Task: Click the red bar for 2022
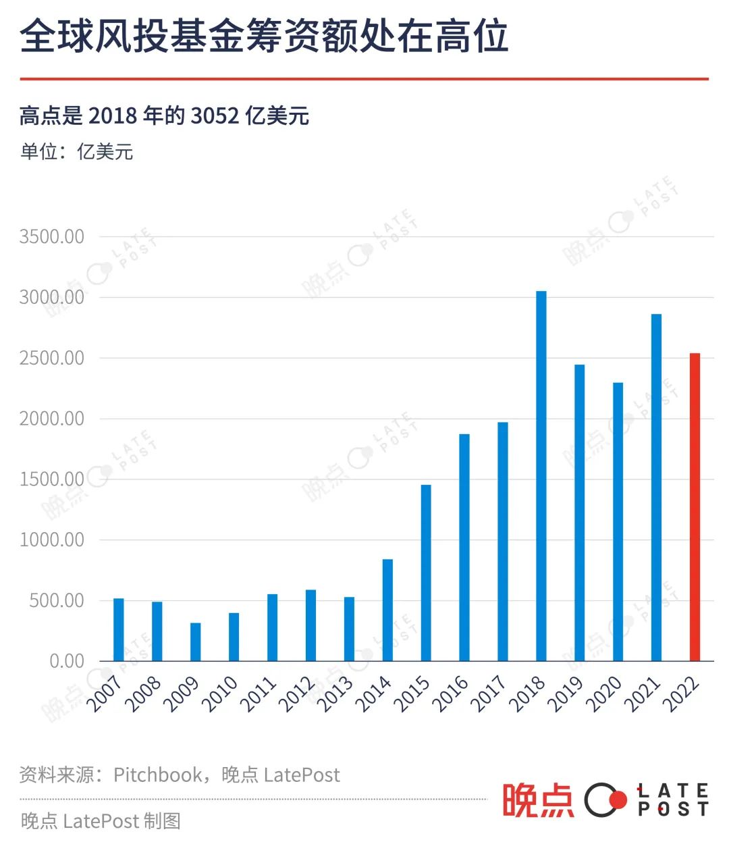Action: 695,506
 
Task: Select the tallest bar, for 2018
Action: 541,476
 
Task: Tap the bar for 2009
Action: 195,641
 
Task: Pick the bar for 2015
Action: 426,573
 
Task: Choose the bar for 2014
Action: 387,610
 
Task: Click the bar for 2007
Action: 119,629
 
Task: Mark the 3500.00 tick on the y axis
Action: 52,237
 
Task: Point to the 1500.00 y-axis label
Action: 52,479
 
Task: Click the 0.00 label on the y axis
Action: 67,661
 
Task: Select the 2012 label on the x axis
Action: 298,694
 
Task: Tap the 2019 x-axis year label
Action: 566,694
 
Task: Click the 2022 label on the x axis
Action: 680,694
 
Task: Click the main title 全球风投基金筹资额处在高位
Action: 264,36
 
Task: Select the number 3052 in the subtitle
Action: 215,116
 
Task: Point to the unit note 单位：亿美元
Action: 76,151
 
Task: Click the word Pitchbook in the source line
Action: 157,774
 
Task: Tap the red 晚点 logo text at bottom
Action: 538,800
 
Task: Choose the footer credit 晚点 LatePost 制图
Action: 101,821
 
